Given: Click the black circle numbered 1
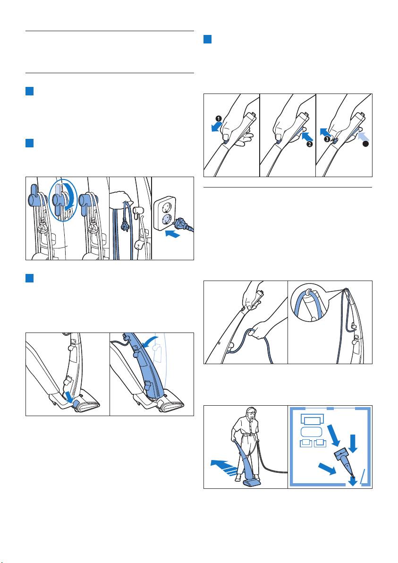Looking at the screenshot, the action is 219,119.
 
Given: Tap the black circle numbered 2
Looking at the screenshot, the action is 309,144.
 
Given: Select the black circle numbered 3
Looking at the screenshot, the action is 327,139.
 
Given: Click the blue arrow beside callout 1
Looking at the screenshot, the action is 217,127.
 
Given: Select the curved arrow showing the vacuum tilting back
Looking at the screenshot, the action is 150,341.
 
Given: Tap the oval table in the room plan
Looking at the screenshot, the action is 311,432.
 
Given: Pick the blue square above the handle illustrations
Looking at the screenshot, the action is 207,39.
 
